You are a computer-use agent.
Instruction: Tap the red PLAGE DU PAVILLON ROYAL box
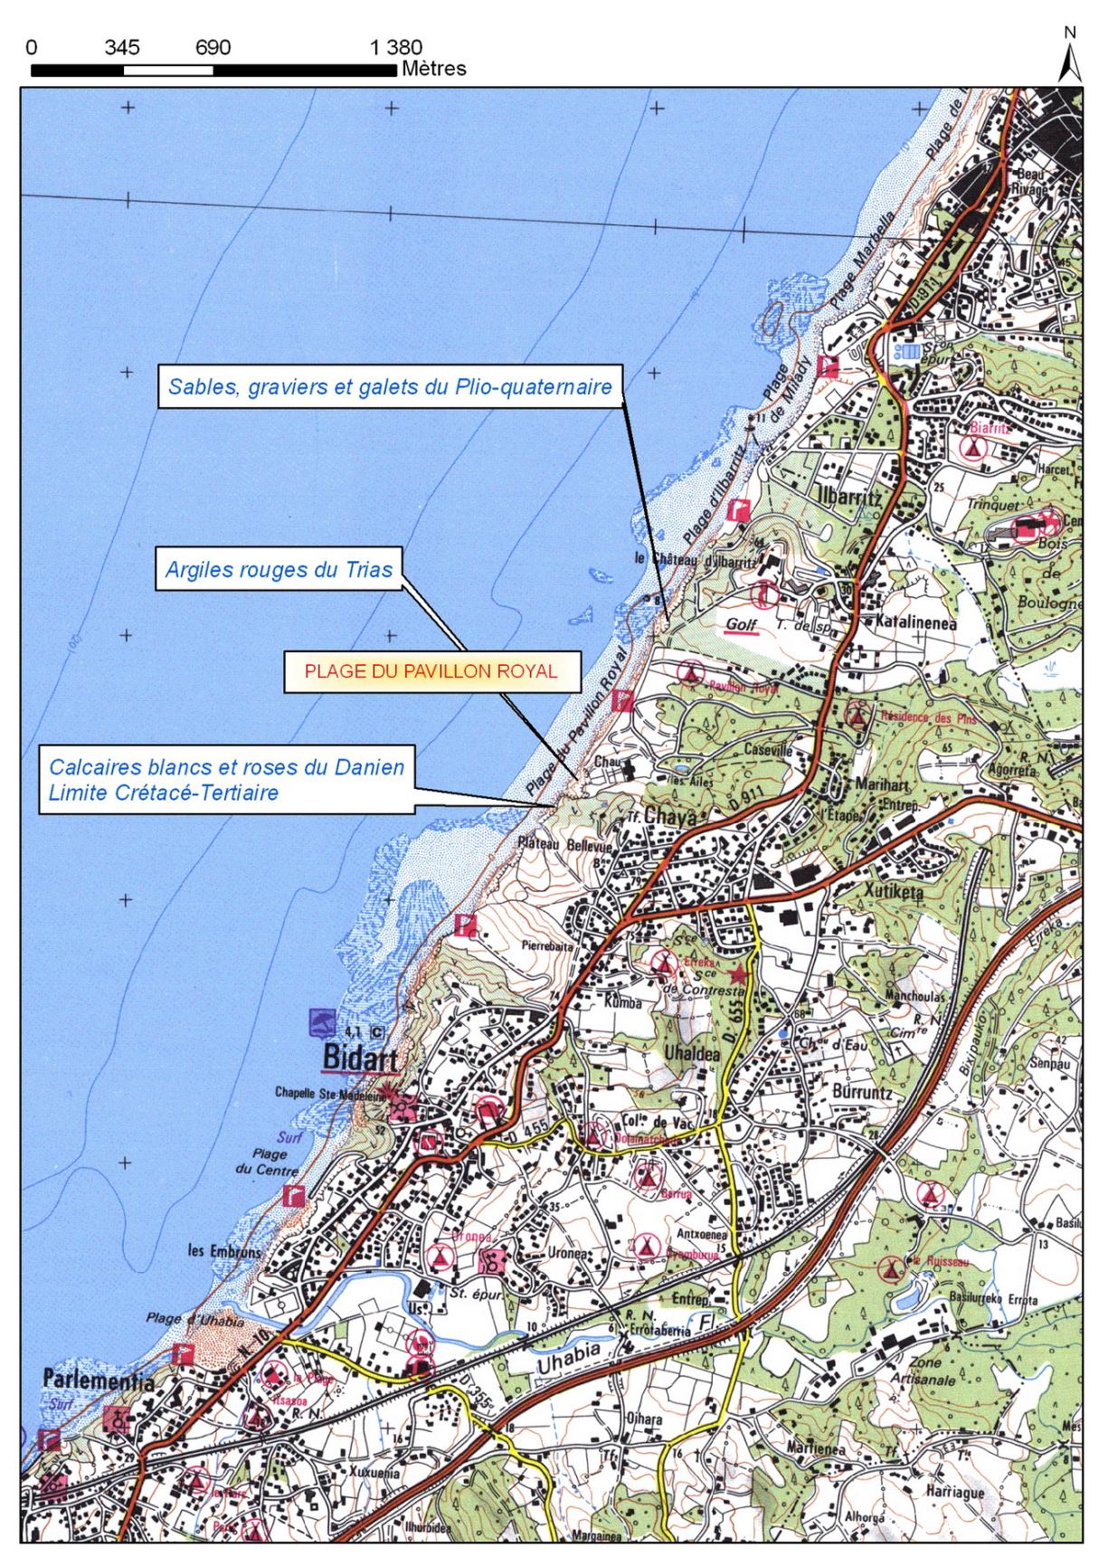[431, 671]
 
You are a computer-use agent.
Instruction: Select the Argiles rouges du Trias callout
[279, 570]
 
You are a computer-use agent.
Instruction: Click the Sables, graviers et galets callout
[391, 387]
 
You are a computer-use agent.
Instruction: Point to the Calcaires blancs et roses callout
[226, 780]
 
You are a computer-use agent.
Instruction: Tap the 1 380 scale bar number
[396, 48]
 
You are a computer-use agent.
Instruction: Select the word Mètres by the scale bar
[434, 69]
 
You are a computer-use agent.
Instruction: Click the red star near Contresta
[740, 974]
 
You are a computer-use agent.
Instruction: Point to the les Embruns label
[224, 1252]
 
